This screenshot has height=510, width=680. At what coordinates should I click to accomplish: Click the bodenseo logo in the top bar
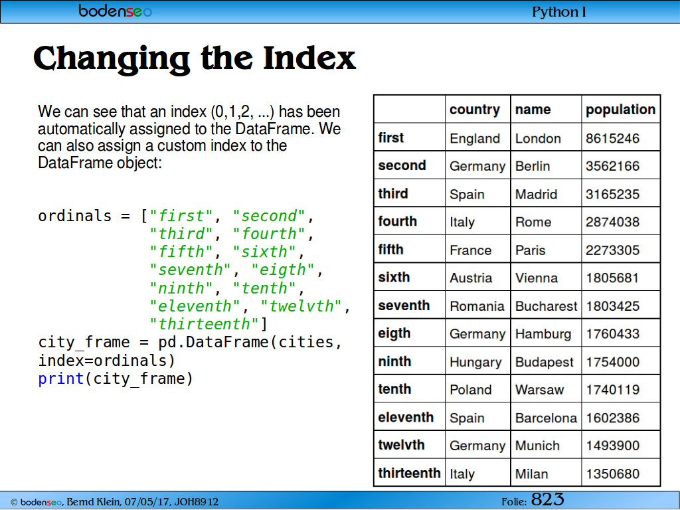(115, 11)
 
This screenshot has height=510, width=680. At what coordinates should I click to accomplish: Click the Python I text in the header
(558, 12)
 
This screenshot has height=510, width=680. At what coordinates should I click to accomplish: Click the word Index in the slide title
(309, 58)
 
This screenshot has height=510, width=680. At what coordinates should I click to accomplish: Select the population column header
(621, 110)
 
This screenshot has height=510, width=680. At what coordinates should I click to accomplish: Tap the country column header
(475, 110)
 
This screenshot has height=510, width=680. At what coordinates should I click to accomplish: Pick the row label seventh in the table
(404, 305)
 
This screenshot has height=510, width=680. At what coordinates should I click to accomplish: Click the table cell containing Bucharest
(546, 306)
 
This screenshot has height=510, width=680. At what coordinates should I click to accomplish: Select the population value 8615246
(612, 138)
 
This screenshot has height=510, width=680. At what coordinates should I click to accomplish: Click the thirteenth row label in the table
(409, 473)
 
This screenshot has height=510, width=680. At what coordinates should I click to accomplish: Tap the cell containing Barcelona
(546, 418)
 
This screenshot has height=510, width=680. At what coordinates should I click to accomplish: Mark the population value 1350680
(612, 474)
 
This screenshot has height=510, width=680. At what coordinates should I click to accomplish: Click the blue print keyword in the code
(60, 379)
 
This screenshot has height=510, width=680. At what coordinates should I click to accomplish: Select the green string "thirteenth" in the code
(205, 324)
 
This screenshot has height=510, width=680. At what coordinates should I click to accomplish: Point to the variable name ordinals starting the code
(74, 216)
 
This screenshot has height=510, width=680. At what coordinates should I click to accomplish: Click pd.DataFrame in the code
(214, 342)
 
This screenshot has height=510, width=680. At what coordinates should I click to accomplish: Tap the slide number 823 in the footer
(547, 499)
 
